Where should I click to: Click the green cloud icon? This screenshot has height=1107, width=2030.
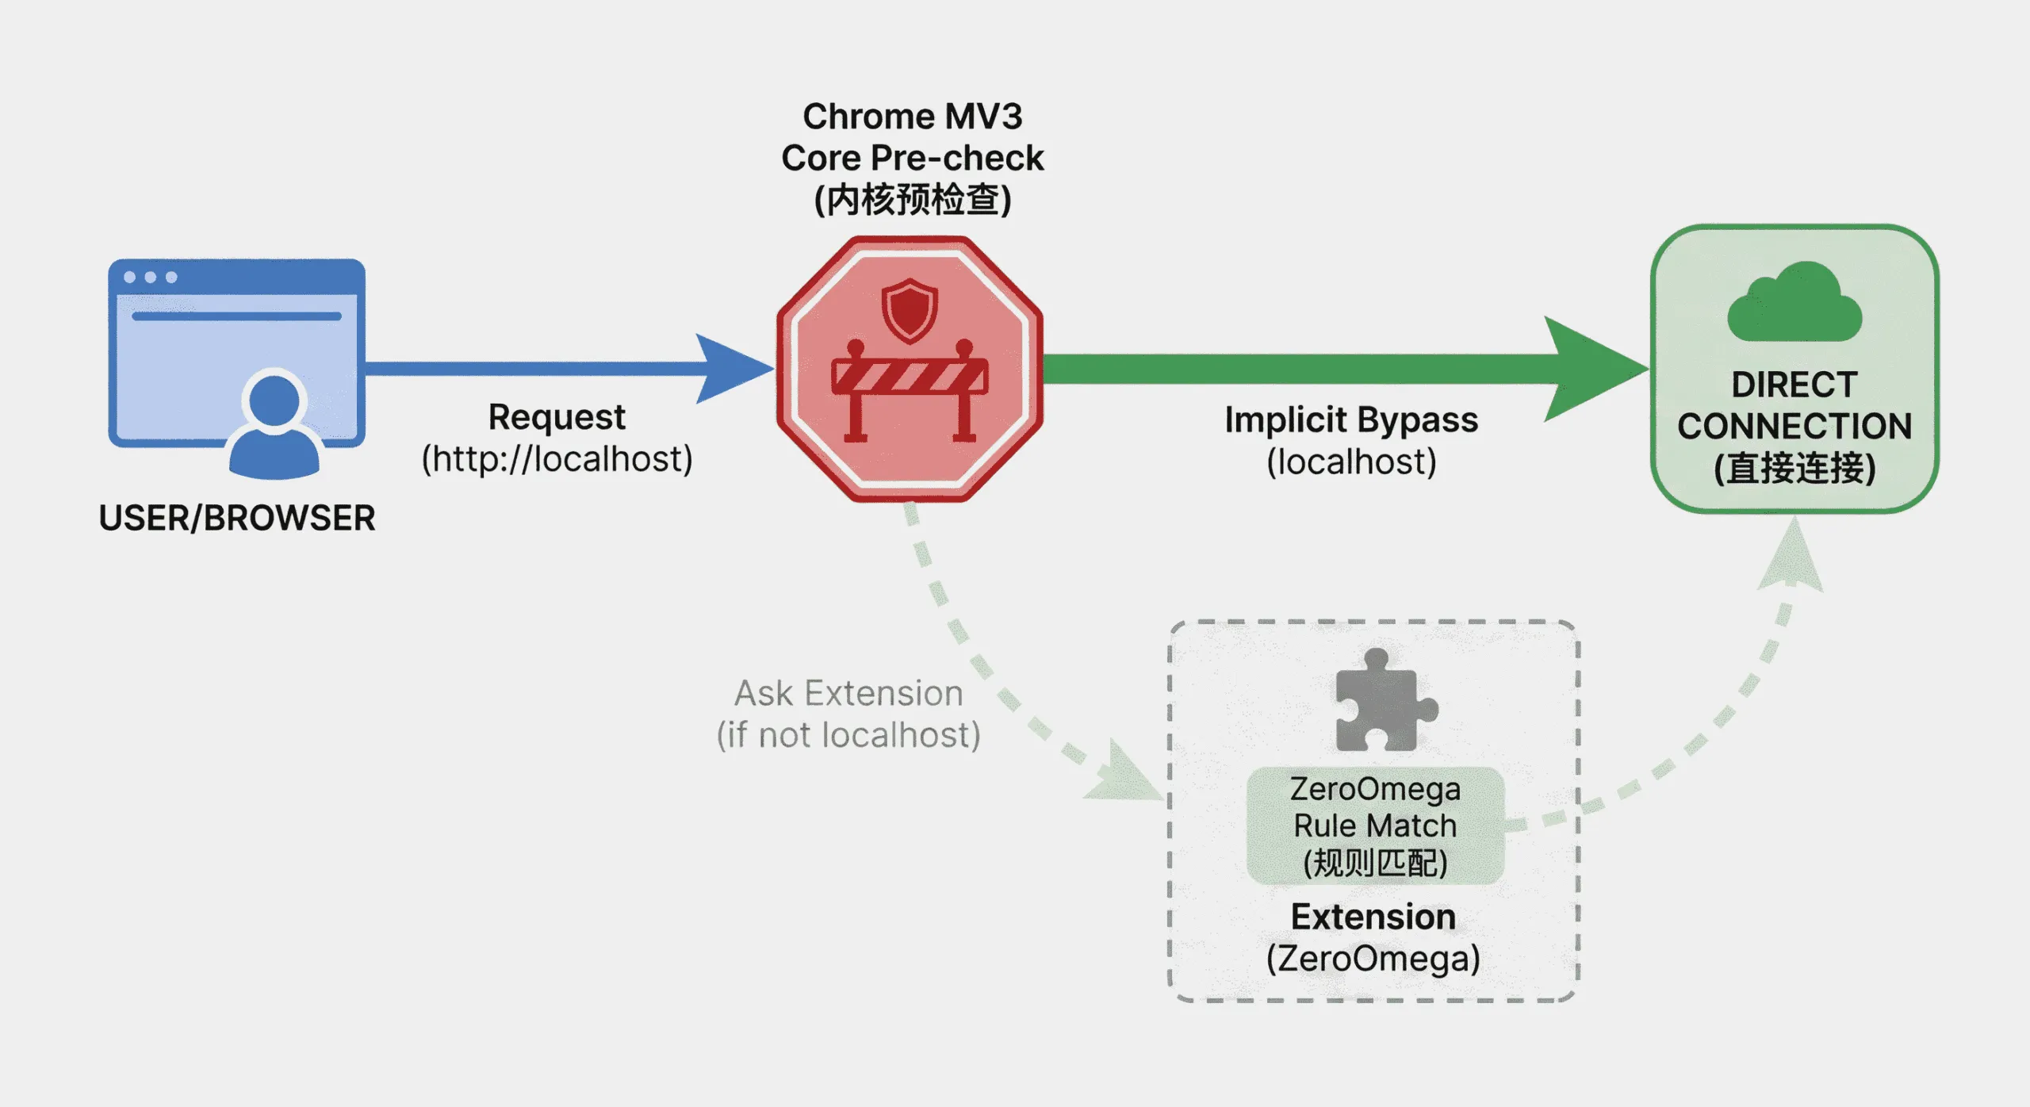1794,305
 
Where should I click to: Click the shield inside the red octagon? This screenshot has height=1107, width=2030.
910,310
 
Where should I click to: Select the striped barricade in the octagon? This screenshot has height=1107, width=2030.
910,378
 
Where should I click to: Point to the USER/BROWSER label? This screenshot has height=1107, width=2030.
237,518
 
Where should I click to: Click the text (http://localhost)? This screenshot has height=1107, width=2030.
557,459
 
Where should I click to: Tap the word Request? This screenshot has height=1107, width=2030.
557,417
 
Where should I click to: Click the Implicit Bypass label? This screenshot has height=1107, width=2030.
1351,419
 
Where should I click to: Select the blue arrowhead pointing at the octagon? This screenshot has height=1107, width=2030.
730,369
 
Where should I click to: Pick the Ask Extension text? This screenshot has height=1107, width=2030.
848,694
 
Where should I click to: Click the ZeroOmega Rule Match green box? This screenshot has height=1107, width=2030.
1375,825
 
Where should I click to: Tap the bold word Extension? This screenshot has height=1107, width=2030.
1373,917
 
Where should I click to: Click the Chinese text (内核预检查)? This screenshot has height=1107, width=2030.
913,199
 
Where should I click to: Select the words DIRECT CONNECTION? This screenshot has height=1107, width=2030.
1794,406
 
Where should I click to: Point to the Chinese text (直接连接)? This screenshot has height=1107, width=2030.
1794,468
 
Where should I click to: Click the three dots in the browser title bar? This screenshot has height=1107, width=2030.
150,278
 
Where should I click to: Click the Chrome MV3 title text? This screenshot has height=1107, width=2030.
913,117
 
